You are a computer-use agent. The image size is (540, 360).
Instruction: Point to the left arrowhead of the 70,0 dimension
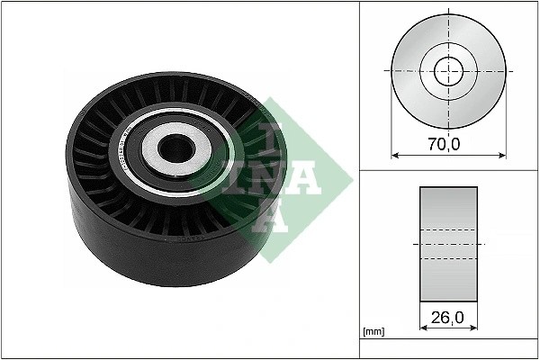[394, 156]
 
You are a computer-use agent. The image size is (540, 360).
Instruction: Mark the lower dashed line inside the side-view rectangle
[447, 260]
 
